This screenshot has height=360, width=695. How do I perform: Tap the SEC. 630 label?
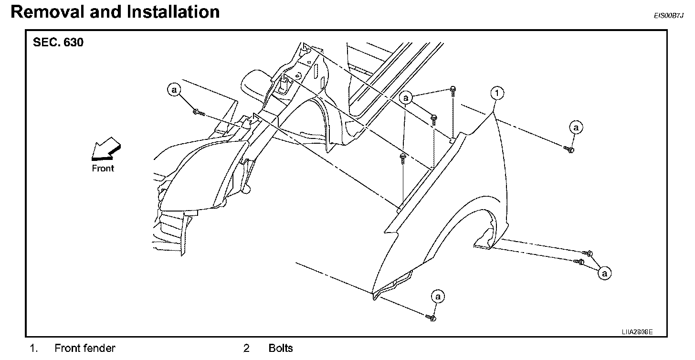(58, 43)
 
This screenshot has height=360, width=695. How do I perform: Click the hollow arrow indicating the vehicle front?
(105, 148)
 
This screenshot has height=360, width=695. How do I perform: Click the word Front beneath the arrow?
(103, 168)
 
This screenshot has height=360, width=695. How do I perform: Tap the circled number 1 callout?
(497, 93)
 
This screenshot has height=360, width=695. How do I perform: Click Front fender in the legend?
(85, 348)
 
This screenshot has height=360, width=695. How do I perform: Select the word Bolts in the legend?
(281, 348)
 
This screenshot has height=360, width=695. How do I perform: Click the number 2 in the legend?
(246, 348)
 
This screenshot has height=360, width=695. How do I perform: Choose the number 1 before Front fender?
(33, 348)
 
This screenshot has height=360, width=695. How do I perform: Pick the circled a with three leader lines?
(406, 98)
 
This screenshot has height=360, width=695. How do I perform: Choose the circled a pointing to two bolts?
(605, 273)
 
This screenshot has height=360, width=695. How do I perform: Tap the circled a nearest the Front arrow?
(174, 89)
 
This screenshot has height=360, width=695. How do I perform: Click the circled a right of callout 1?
(577, 127)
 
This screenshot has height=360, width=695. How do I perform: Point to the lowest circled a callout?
(438, 296)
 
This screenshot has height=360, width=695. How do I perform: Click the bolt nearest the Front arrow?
(198, 113)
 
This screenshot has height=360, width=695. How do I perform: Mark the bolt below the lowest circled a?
(432, 317)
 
